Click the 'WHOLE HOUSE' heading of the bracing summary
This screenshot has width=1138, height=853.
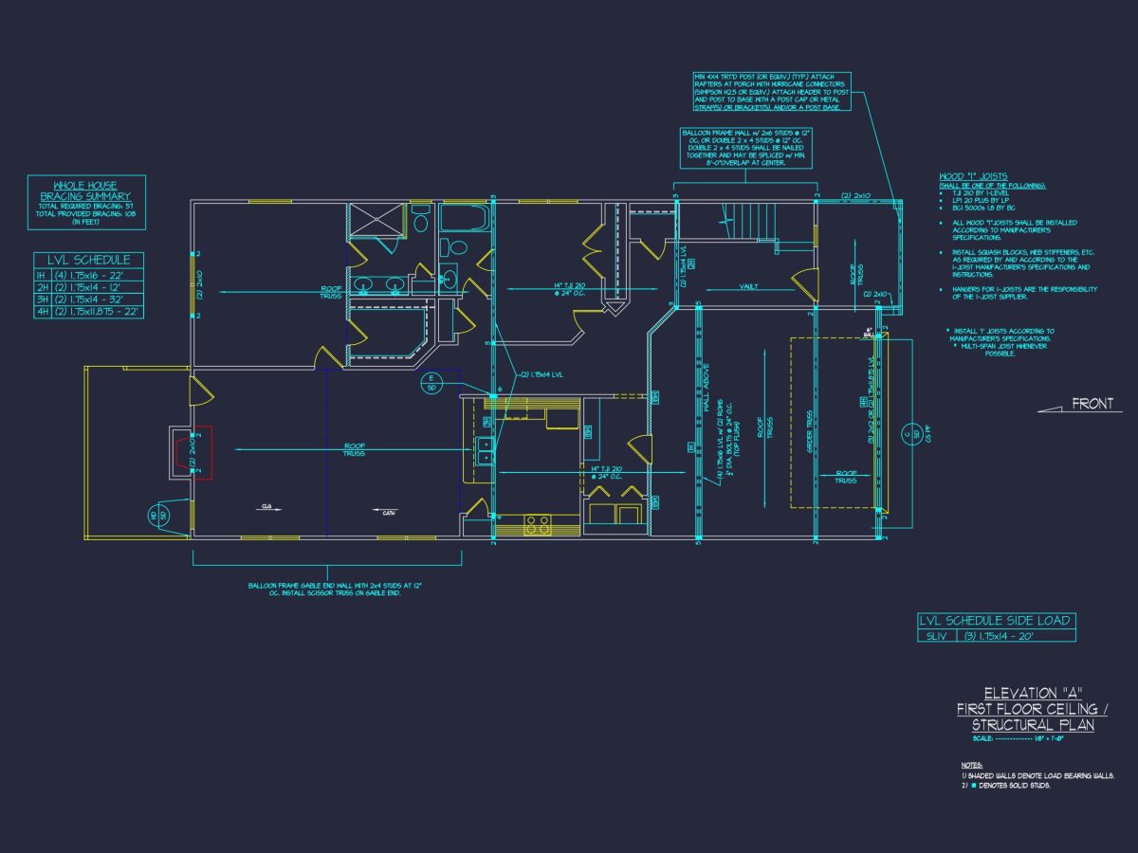tap(85, 185)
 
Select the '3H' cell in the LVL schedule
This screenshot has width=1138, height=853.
tap(43, 298)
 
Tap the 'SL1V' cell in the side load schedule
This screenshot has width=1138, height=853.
tap(936, 635)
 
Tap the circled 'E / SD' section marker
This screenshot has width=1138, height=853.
tap(432, 384)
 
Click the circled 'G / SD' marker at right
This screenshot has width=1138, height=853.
tap(907, 434)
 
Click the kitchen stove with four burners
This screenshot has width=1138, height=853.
tap(538, 524)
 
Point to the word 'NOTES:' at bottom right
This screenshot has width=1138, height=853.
tap(972, 764)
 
